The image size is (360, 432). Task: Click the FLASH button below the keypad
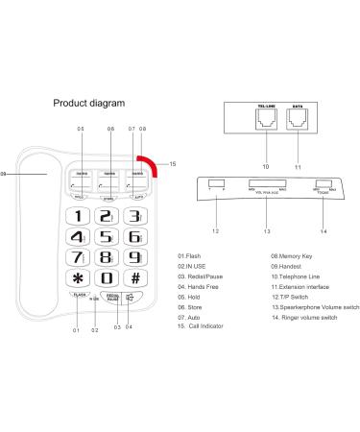tap(79, 298)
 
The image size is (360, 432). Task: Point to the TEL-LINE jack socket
tap(265, 119)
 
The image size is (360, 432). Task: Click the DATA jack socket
tap(300, 119)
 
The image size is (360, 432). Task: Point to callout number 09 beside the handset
tap(6, 174)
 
